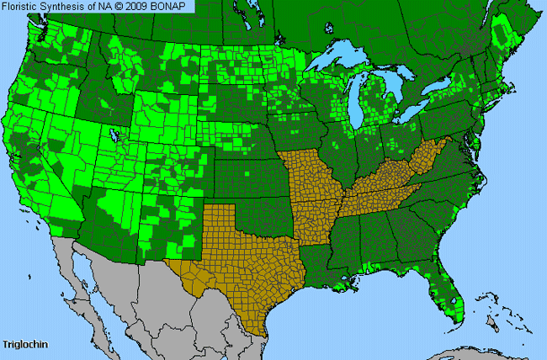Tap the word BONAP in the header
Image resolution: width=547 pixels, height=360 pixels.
pyautogui.click(x=173, y=6)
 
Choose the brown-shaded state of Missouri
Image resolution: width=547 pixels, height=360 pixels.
pyautogui.click(x=311, y=181)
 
